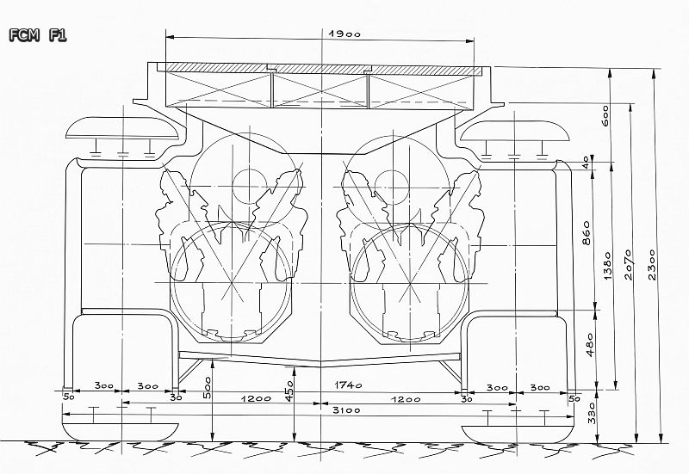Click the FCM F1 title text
(x=38, y=35)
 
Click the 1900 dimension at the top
(x=344, y=34)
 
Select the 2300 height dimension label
(x=652, y=264)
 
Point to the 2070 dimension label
(x=629, y=265)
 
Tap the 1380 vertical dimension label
(x=607, y=266)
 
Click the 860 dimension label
(x=587, y=232)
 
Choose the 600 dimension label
(x=605, y=115)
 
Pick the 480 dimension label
(x=589, y=344)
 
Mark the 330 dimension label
(x=592, y=413)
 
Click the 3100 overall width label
(x=346, y=410)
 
